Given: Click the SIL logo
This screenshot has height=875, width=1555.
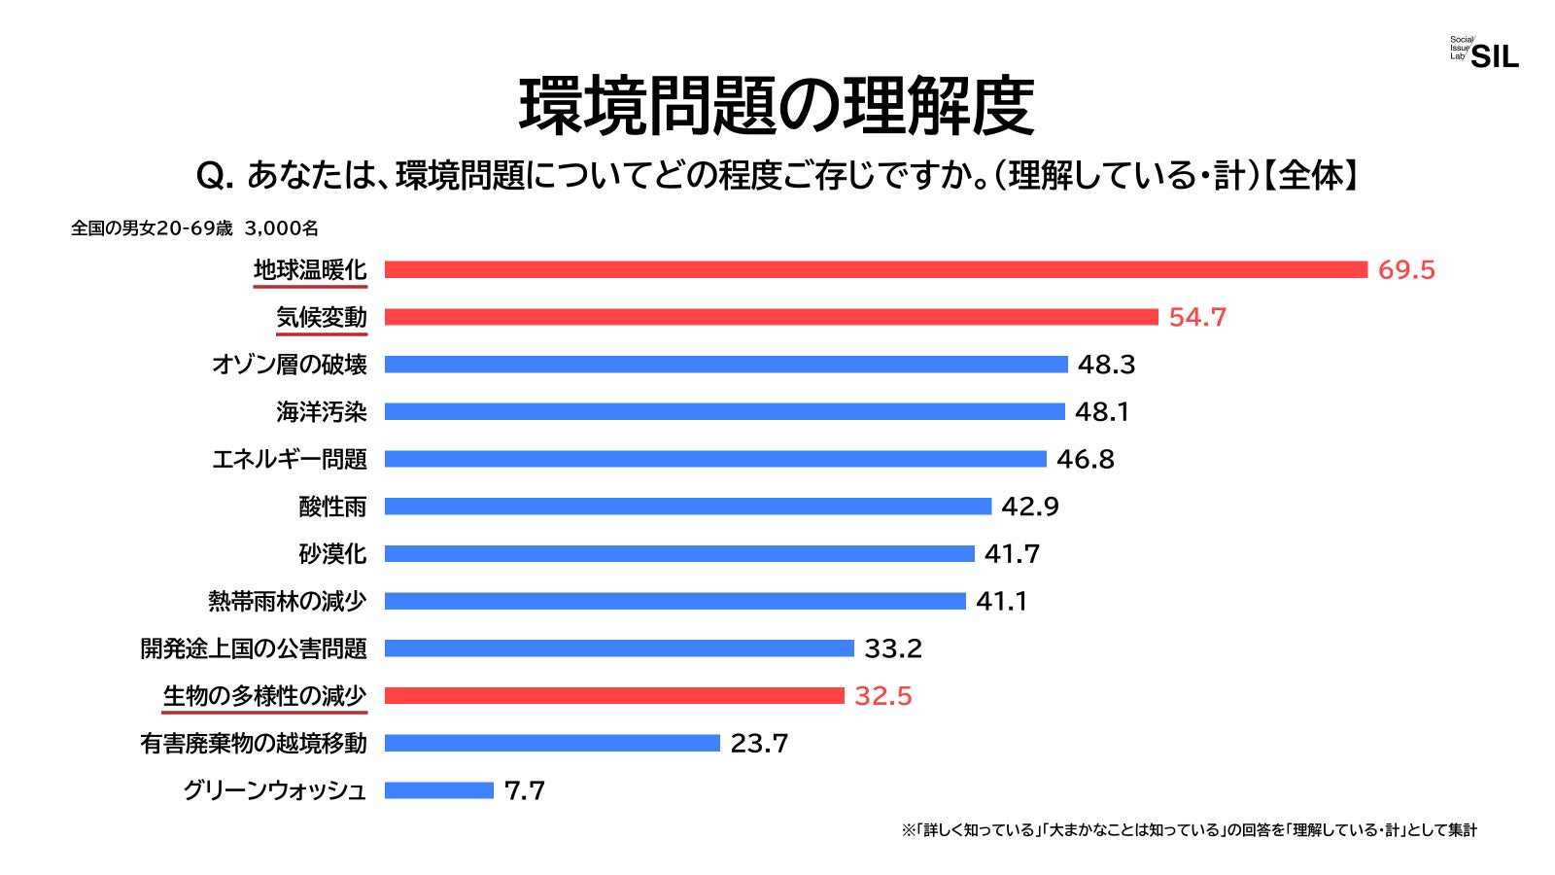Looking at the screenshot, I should (1484, 54).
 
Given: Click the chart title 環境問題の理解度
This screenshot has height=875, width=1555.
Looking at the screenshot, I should (777, 106).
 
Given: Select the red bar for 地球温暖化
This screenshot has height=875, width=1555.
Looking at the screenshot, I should (875, 269).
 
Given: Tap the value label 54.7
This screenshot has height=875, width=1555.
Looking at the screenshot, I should (1197, 317).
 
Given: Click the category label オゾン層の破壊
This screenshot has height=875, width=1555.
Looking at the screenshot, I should (290, 365).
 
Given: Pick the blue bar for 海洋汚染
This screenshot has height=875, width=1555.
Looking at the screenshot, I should (724, 412).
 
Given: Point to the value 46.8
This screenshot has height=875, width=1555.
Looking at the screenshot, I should (1085, 459).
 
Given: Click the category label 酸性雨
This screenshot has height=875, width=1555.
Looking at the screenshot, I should (332, 507).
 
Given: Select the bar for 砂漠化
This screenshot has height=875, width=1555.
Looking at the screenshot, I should (678, 554).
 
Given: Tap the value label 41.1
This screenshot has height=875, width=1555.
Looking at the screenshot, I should (1001, 601).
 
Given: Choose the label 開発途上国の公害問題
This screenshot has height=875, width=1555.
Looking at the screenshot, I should (254, 648).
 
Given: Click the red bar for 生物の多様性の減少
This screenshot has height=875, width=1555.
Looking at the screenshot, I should (614, 696).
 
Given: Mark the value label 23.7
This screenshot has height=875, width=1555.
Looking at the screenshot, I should (759, 744).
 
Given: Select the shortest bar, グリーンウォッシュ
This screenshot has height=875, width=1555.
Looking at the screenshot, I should (438, 790).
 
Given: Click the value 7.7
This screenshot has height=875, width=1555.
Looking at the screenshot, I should (524, 790).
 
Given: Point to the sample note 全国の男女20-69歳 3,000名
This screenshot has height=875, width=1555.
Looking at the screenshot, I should (194, 228).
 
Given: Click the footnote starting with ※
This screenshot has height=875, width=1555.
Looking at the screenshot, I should (1189, 830).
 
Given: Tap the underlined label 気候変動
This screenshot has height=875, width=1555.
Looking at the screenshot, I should (321, 317).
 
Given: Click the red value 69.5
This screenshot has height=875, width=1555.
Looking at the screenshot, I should (1405, 269).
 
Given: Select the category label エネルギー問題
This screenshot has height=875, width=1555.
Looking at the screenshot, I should (290, 459).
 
